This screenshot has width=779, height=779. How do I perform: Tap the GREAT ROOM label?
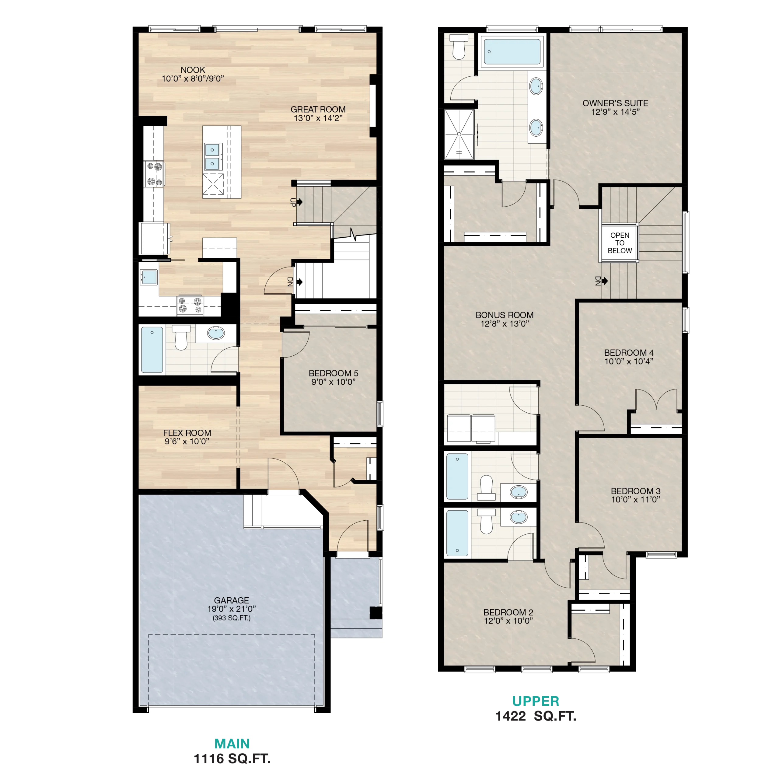318,110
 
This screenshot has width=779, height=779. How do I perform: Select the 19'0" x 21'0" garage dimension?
232,609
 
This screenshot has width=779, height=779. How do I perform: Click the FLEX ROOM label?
187,433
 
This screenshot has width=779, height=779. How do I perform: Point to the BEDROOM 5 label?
334,373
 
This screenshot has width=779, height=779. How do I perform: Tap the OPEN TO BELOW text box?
620,243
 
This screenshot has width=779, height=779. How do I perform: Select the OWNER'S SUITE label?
615,103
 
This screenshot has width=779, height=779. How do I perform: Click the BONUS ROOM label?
505,315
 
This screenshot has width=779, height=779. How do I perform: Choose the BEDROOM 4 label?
629,353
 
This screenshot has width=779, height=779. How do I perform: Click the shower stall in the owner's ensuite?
459,134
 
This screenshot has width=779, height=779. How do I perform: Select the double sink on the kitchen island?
212,156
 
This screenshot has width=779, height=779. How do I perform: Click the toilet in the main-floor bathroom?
181,337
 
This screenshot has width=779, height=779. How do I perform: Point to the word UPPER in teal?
536,701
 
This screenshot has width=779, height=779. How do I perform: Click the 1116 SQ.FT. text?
232,759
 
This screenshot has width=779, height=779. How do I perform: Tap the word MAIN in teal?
232,743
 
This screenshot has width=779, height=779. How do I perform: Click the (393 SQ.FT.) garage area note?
232,618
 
